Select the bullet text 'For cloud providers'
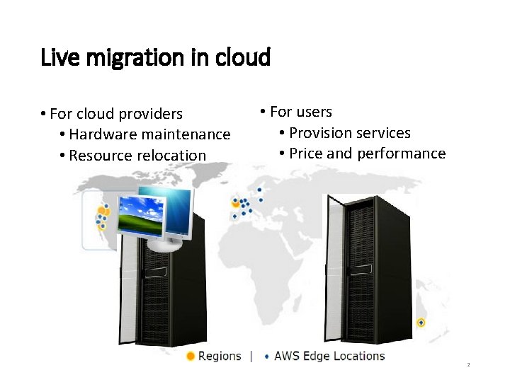pos(116,114)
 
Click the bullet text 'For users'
pos(301,112)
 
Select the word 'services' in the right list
pos(384,133)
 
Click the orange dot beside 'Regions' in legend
pos(191,356)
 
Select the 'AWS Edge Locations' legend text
pos(329,356)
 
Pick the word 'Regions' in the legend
pos(220,356)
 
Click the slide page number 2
pos(468,365)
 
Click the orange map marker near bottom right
pos(421,323)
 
